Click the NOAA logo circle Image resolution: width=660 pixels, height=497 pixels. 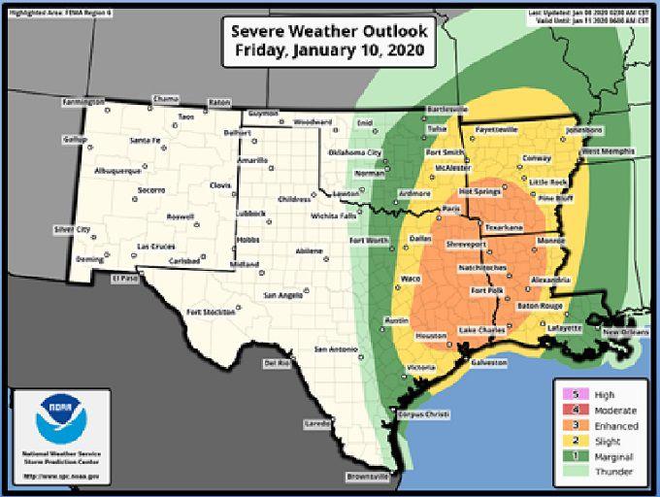pyautogui.click(x=61, y=416)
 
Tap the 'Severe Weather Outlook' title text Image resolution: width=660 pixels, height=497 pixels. pyautogui.click(x=329, y=29)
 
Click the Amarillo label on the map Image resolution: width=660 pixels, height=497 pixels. pyautogui.click(x=253, y=159)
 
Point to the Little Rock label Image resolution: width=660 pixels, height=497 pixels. pyautogui.click(x=548, y=182)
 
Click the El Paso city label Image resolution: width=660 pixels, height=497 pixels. pyautogui.click(x=125, y=279)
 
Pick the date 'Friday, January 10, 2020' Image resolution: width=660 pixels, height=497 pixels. pyautogui.click(x=329, y=51)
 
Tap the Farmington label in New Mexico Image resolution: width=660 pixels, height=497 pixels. pyautogui.click(x=84, y=102)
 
